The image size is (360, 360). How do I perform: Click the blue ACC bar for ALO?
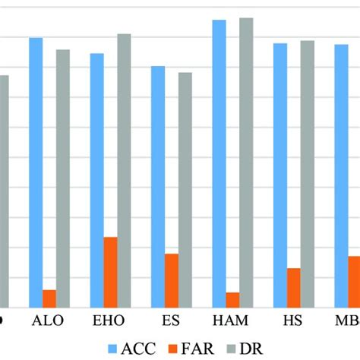pyautogui.click(x=36, y=172)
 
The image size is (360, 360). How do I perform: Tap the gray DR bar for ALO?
pyautogui.click(x=63, y=178)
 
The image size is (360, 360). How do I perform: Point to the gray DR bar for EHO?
pyautogui.click(x=124, y=170)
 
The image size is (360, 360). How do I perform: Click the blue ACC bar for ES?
pyautogui.click(x=158, y=186)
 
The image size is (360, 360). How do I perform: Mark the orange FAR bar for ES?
pyautogui.click(x=172, y=279)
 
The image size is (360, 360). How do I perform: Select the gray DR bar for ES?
pyautogui.click(x=185, y=189)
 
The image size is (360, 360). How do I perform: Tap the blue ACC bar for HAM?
pyautogui.click(x=219, y=163)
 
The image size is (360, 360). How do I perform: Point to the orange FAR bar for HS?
pyautogui.click(x=293, y=287)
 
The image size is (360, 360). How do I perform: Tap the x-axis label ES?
pyautogui.click(x=172, y=321)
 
